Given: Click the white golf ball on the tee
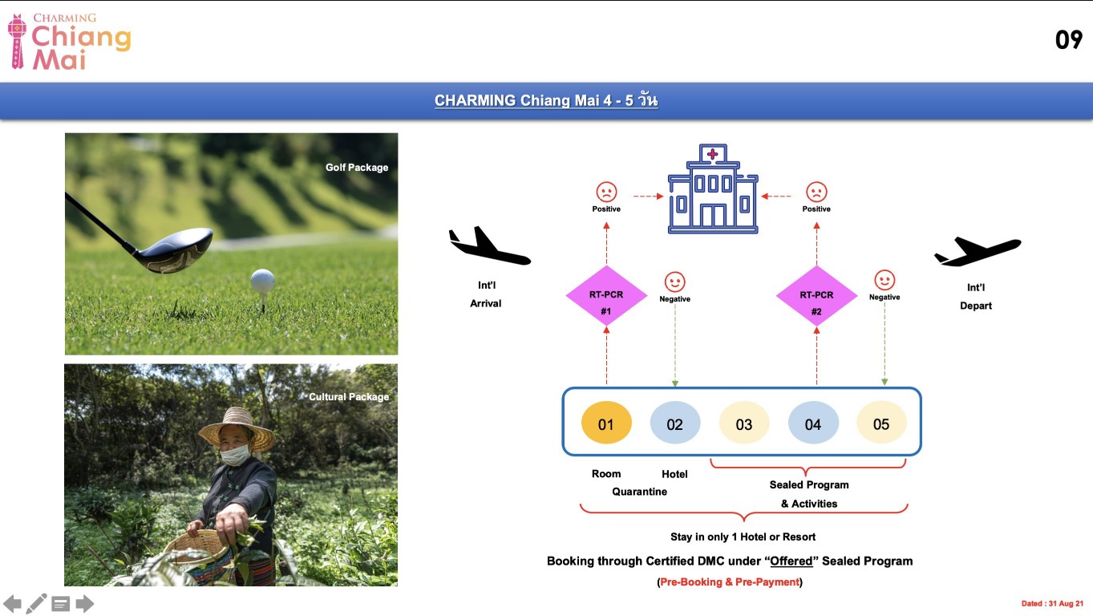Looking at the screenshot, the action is click(x=262, y=281).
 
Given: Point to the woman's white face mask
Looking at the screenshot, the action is click(x=235, y=455).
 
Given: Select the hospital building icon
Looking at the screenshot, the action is click(x=713, y=189).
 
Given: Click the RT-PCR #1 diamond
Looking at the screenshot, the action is click(x=606, y=296).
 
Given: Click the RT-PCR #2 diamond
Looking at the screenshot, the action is click(x=816, y=296).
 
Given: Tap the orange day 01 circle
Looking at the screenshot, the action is click(x=606, y=423).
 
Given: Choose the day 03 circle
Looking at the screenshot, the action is click(x=744, y=423).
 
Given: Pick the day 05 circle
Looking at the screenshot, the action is click(x=882, y=422).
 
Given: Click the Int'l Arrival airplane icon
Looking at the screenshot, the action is click(x=489, y=245).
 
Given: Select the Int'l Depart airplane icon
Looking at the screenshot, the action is click(x=978, y=251).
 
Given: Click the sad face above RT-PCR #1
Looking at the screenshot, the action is click(x=606, y=192).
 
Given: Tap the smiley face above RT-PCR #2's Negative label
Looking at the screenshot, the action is click(x=885, y=280).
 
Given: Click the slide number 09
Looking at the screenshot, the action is click(x=1069, y=39).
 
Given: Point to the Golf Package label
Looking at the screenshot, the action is click(x=357, y=168).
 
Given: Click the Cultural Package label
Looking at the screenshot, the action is click(x=349, y=397).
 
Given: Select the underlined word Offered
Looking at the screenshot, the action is click(x=791, y=561).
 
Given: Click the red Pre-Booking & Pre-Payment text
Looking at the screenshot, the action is click(x=730, y=582).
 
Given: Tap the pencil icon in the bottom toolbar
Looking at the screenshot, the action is click(x=36, y=604).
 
